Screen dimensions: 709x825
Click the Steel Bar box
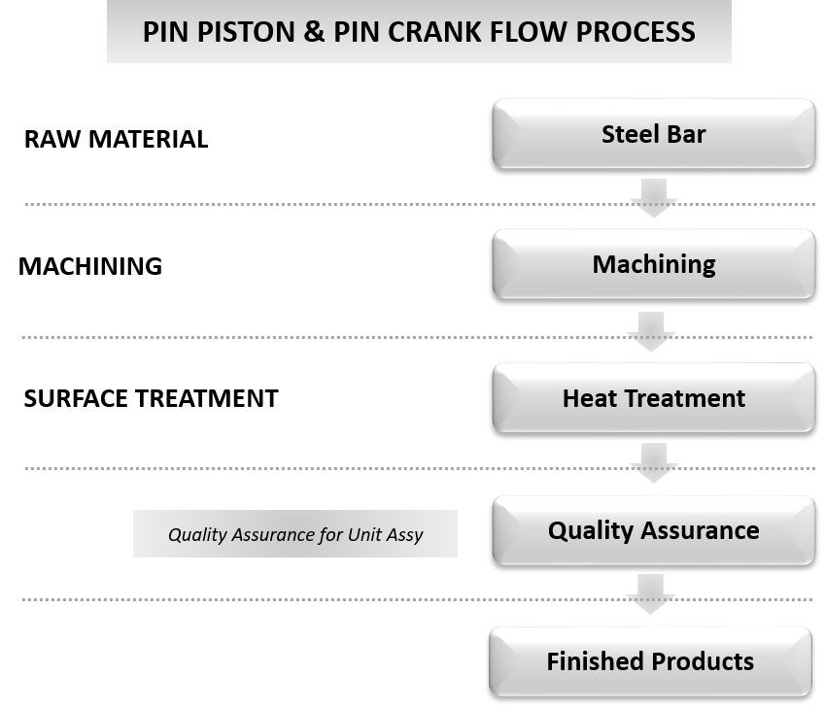pyautogui.click(x=653, y=133)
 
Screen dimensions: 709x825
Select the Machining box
pyautogui.click(x=653, y=264)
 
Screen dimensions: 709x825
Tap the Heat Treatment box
pyautogui.click(x=653, y=397)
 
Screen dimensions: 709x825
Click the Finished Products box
pyautogui.click(x=649, y=661)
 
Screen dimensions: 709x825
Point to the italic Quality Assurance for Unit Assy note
pyautogui.click(x=295, y=534)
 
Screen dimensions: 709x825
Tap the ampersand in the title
pyautogui.click(x=314, y=32)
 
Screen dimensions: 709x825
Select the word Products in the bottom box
pyautogui.click(x=702, y=661)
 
